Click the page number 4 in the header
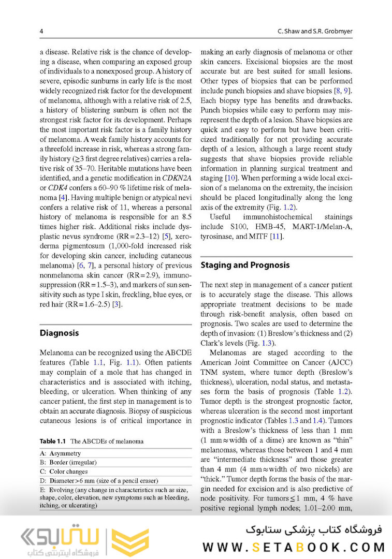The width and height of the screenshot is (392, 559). click(x=41, y=32)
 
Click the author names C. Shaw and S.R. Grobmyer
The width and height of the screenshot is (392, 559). click(x=315, y=32)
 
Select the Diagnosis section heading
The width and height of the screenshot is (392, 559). click(x=59, y=333)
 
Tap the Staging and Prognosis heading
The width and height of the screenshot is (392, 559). click(x=245, y=265)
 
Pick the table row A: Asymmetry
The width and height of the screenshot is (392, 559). click(x=61, y=453)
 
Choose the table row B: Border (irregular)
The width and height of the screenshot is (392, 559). click(x=68, y=462)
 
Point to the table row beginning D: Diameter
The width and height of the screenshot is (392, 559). click(x=99, y=481)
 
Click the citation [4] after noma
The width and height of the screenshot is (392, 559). click(x=62, y=208)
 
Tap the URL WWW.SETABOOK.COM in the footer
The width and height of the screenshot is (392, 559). click(x=294, y=547)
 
